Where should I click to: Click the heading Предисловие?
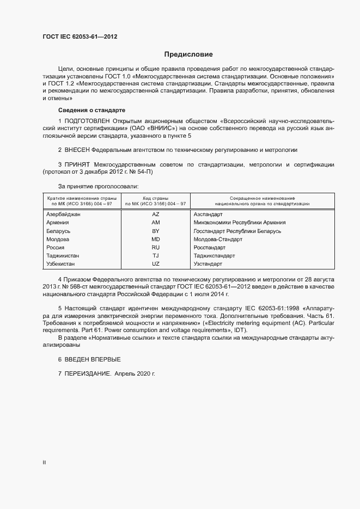coord(188,54)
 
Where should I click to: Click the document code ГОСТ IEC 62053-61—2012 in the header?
coord(80,37)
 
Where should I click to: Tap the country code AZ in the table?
coord(155,214)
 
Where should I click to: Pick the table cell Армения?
coord(58,223)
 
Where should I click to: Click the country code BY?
coord(155,231)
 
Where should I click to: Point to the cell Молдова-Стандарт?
coord(218,239)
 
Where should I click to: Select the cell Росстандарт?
coord(209,247)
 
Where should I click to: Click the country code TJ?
coord(155,255)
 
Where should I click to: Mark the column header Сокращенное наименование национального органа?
coord(259,201)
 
